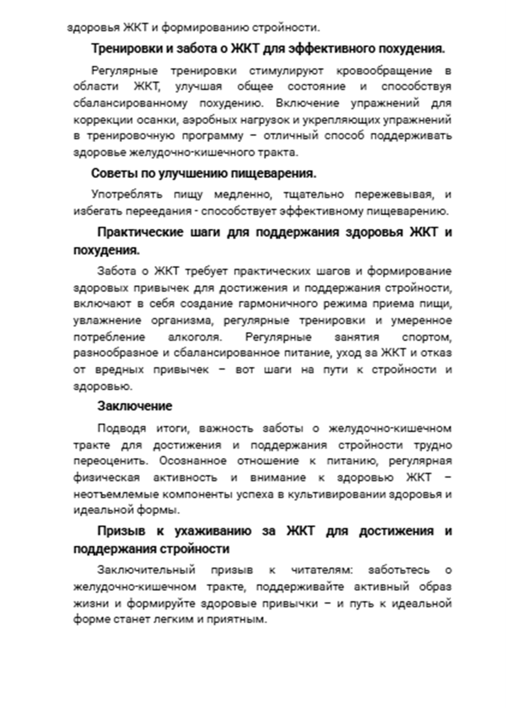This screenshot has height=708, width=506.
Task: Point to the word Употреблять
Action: click(127, 194)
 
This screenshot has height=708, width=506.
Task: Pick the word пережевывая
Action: click(393, 194)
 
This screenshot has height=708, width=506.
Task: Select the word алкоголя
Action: click(194, 337)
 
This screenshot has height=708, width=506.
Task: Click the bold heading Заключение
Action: click(135, 406)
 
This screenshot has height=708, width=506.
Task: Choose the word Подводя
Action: click(121, 428)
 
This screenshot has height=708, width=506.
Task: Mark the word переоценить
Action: click(110, 461)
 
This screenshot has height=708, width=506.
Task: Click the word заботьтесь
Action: click(399, 570)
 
